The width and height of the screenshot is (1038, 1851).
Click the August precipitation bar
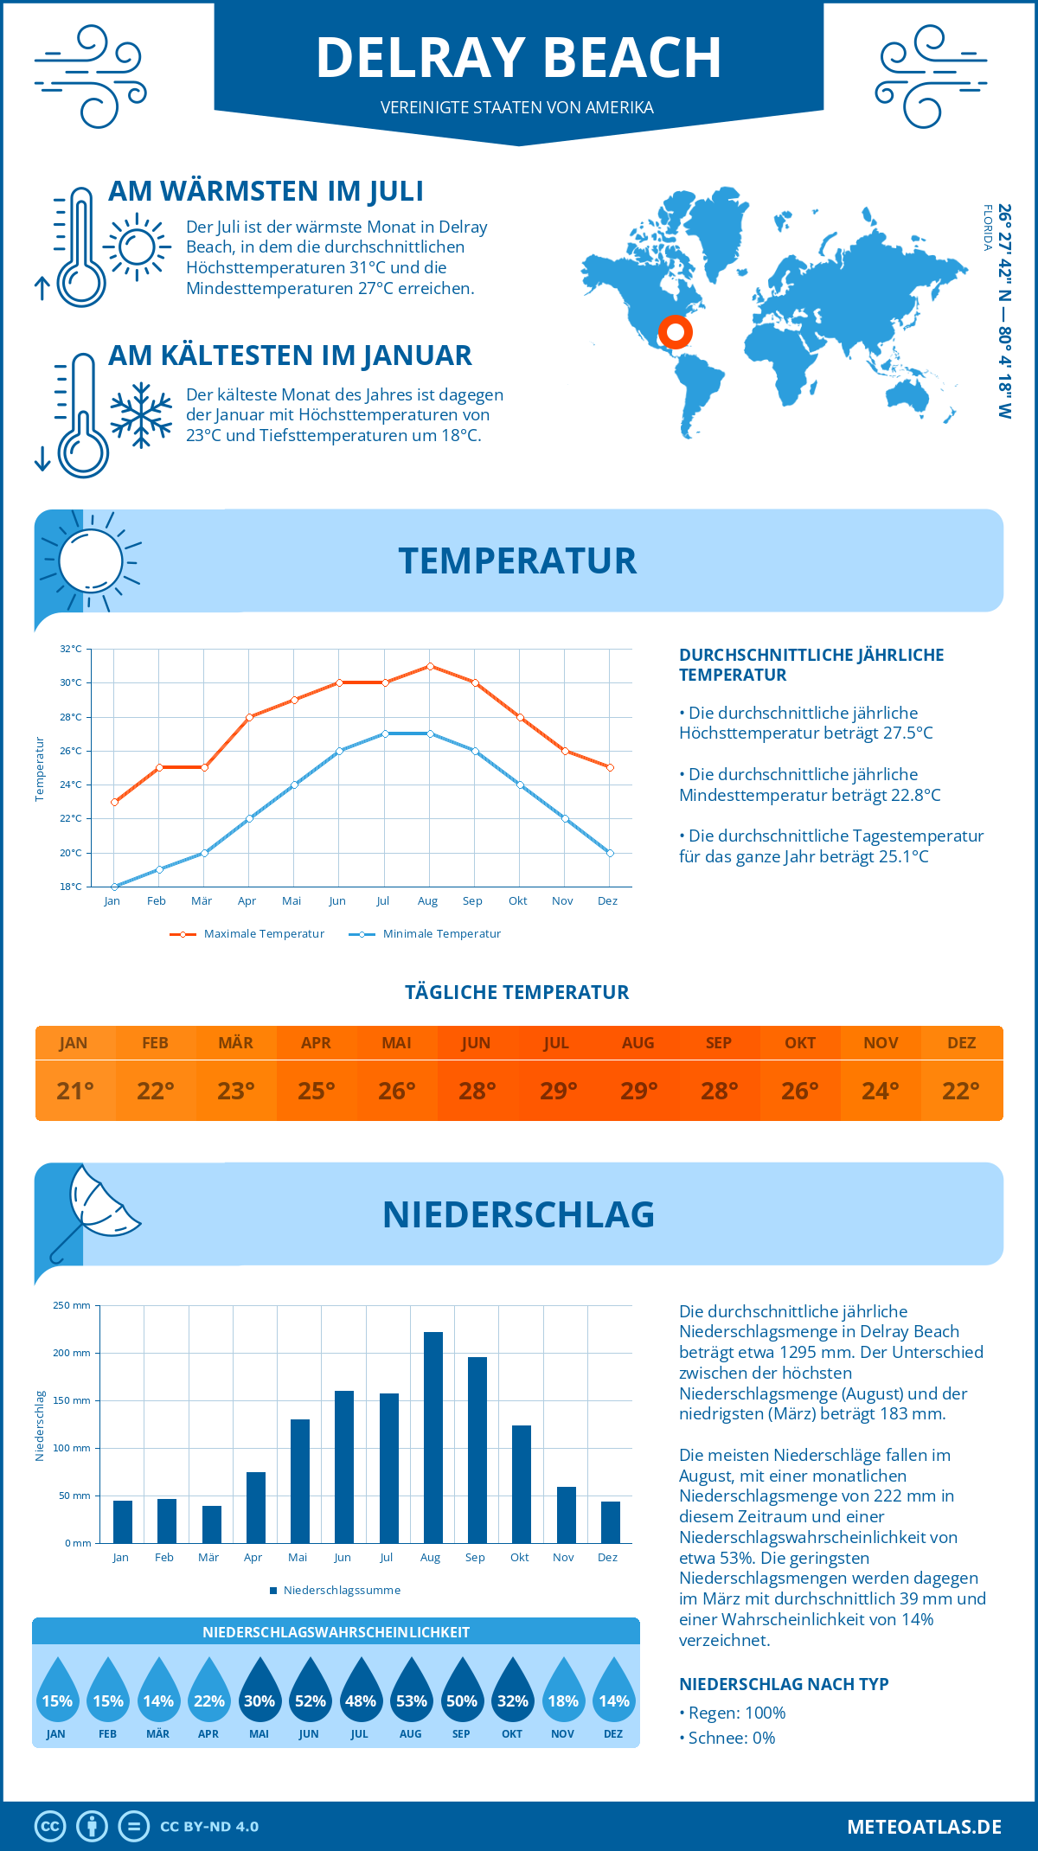[433, 1437]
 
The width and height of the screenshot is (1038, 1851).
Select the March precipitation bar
[211, 1524]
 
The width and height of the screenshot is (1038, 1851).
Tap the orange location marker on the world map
[675, 332]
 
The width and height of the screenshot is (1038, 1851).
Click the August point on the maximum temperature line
[430, 666]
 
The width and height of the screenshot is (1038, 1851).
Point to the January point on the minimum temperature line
[114, 887]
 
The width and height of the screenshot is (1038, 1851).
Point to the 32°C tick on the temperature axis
[71, 649]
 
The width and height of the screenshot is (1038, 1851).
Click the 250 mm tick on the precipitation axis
[73, 1306]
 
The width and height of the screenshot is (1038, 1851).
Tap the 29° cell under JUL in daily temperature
[558, 1091]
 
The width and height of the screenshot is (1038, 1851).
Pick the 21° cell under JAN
[75, 1091]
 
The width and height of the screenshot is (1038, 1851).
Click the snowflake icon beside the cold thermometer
[141, 415]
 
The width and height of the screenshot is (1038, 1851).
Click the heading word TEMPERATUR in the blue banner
[517, 560]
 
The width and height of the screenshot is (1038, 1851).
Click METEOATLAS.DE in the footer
[924, 1827]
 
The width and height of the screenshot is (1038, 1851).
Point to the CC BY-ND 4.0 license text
[209, 1827]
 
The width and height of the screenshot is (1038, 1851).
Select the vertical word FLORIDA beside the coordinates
[987, 227]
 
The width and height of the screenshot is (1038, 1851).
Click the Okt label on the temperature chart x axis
[517, 901]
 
